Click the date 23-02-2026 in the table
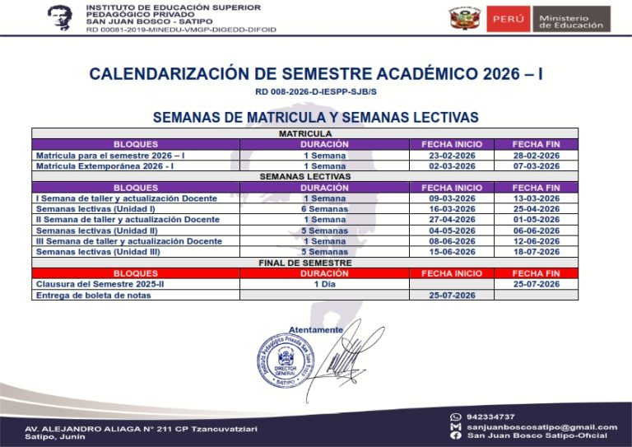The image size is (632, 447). (x=452, y=155)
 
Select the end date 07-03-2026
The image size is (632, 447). (x=536, y=165)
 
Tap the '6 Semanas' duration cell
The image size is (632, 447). (x=324, y=209)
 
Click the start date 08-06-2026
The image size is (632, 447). (x=452, y=241)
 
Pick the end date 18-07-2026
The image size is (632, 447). (x=536, y=252)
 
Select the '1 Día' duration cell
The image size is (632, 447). (x=324, y=284)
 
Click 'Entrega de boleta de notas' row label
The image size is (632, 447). (x=93, y=295)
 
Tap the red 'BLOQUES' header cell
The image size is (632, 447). (x=136, y=273)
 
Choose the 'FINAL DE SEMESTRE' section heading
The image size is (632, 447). (x=304, y=263)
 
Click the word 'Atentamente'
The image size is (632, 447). (x=316, y=329)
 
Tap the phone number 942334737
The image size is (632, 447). (x=490, y=417)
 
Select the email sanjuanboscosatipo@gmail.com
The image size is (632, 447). (x=541, y=426)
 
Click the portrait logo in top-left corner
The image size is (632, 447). (x=59, y=17)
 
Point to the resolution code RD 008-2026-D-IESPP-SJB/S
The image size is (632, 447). (x=315, y=93)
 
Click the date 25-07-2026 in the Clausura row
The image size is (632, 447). (x=536, y=284)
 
